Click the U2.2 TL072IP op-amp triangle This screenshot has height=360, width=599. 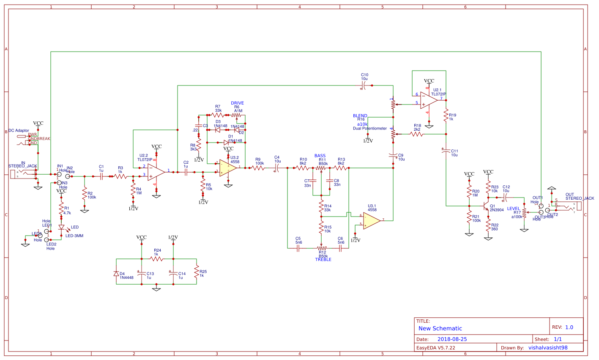point(156,172)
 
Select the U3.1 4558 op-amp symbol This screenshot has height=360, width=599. point(371,220)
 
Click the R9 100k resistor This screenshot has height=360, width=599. point(258,168)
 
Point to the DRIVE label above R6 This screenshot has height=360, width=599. point(237,103)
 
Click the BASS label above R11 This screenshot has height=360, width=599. point(320,156)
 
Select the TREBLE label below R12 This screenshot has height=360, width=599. point(323,259)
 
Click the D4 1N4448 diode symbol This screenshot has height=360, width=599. point(116,274)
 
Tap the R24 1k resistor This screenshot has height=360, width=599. point(156,258)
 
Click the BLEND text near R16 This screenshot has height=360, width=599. point(360,115)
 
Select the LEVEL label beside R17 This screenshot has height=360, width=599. point(514,209)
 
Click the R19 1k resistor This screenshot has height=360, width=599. point(446,115)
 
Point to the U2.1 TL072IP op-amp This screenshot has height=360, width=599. point(429,101)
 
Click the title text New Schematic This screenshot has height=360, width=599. point(440,328)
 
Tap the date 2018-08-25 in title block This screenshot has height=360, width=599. point(452,339)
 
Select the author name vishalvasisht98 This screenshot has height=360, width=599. point(548,348)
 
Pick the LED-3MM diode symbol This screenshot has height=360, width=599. point(61,228)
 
